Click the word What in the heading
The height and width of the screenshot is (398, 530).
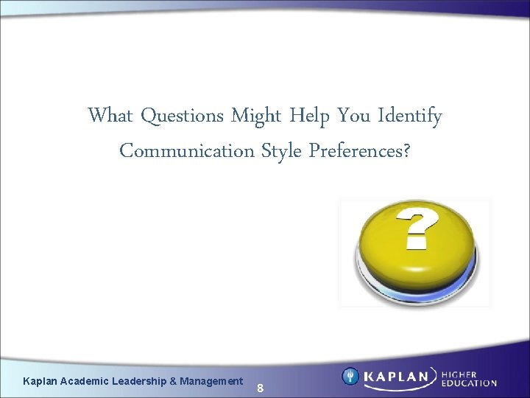110,116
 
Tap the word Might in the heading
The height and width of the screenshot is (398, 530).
257,116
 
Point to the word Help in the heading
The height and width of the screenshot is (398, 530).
310,116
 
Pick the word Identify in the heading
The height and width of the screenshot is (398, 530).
410,116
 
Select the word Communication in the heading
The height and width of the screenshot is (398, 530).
187,150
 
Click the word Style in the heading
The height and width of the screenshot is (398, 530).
281,150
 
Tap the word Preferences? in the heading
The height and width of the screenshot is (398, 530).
360,150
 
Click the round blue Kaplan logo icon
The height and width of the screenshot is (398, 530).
351,376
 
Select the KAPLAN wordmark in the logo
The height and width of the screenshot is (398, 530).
397,377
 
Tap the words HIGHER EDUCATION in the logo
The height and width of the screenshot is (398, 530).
469,377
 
